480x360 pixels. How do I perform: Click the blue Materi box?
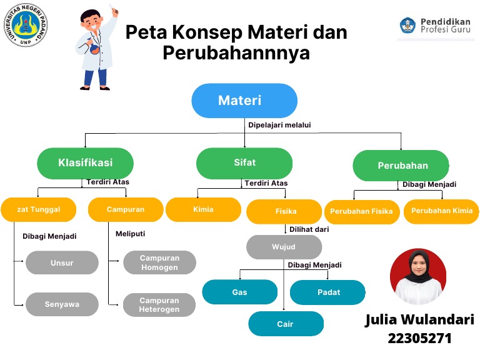tap(244, 101)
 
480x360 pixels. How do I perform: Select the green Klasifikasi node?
tap(86, 163)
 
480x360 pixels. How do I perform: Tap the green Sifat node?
tap(244, 163)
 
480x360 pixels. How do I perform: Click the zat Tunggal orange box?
tap(39, 209)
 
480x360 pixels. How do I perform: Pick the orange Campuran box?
tap(126, 209)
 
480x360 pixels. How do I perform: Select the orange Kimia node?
tap(203, 209)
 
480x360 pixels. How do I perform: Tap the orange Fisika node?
tap(285, 211)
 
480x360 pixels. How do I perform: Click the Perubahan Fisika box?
tap(361, 211)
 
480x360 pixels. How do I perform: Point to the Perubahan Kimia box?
tap(441, 211)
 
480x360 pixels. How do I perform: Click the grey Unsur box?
tap(62, 263)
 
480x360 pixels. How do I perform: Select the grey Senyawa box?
tap(62, 304)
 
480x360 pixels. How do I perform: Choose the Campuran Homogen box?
tap(159, 262)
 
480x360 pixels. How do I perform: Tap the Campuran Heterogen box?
tap(159, 304)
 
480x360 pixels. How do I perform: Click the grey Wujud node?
tap(284, 247)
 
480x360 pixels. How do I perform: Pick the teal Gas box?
tap(239, 292)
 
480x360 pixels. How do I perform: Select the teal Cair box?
tap(286, 324)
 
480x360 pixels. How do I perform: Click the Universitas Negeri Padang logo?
tap(26, 25)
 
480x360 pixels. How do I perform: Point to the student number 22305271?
tap(419, 339)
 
